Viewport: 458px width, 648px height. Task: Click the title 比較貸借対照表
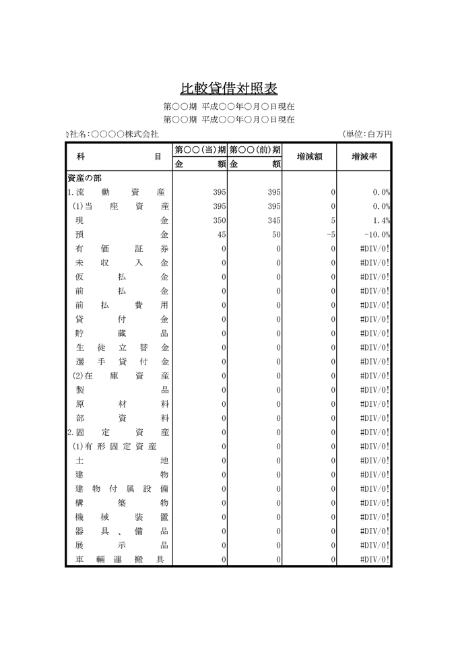[x=229, y=89]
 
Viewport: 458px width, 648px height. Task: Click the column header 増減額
[x=309, y=156]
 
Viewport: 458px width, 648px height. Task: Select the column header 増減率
[x=364, y=156]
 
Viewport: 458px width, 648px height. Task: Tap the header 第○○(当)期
[x=200, y=150]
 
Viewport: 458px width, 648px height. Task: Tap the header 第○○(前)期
[x=255, y=150]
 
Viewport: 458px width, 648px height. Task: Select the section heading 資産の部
[x=84, y=178]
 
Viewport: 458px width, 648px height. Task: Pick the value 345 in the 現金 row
[x=273, y=220]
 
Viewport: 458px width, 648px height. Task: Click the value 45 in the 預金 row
[x=221, y=234]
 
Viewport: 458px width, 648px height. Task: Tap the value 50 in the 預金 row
[x=276, y=234]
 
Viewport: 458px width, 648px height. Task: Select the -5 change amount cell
[x=330, y=234]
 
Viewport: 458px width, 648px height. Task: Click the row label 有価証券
[x=121, y=249]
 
